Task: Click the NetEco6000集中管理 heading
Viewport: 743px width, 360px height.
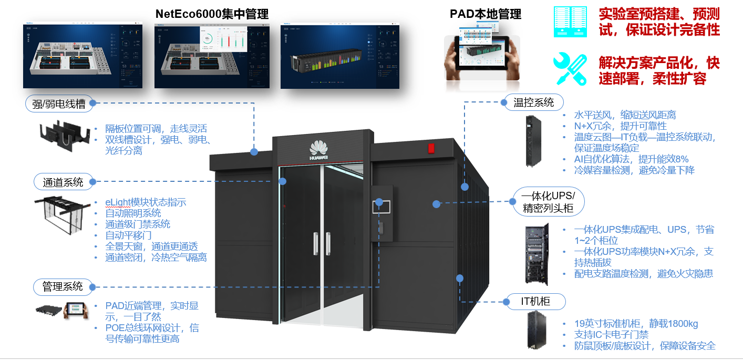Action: click(x=212, y=14)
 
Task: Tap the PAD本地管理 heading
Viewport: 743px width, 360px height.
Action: click(x=486, y=14)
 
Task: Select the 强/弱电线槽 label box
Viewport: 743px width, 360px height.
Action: click(x=59, y=103)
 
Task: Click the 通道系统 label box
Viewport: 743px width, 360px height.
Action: click(x=63, y=182)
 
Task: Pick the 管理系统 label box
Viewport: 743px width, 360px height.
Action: click(x=63, y=287)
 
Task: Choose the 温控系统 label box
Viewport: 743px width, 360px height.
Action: click(x=533, y=102)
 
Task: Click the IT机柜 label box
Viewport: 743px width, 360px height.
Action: click(x=535, y=302)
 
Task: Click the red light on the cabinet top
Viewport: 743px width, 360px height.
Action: click(x=431, y=148)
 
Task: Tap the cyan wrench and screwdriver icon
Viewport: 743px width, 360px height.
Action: click(x=570, y=69)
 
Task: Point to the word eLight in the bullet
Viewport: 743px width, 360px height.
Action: click(x=117, y=202)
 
